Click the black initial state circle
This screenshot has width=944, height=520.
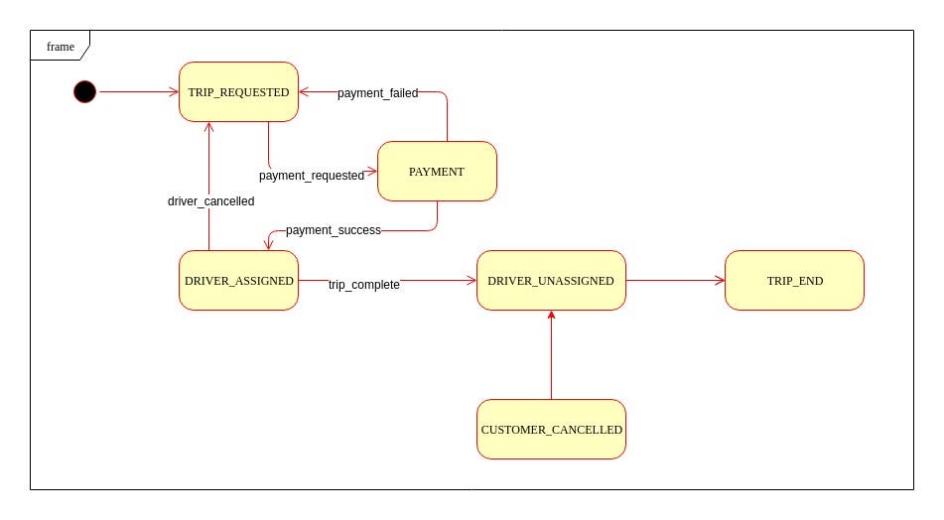pyautogui.click(x=85, y=92)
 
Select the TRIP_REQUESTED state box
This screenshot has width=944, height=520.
pyautogui.click(x=238, y=92)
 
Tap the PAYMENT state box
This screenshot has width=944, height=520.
pyautogui.click(x=437, y=172)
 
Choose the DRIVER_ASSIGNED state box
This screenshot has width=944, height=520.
pyautogui.click(x=238, y=281)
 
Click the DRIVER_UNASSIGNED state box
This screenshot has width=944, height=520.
pyautogui.click(x=551, y=281)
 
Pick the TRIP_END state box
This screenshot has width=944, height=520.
pyautogui.click(x=794, y=281)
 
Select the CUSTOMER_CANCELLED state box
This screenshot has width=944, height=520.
pyautogui.click(x=551, y=430)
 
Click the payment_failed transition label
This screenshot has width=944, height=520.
pyautogui.click(x=377, y=93)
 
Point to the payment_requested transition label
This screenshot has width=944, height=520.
pyautogui.click(x=312, y=176)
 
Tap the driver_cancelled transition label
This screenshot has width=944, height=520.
pyautogui.click(x=210, y=201)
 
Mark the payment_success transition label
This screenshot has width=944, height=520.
pyautogui.click(x=334, y=230)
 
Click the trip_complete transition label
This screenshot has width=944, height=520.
pyautogui.click(x=364, y=285)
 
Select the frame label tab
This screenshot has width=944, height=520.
pyautogui.click(x=61, y=47)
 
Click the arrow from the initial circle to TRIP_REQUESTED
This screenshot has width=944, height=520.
pyautogui.click(x=139, y=92)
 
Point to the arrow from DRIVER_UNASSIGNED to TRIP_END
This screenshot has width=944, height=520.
pyautogui.click(x=675, y=281)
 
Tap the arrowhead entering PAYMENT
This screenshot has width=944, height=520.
pyautogui.click(x=371, y=172)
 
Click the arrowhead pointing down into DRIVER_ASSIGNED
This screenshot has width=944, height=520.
pyautogui.click(x=268, y=244)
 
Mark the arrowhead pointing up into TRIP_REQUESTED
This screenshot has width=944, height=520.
pyautogui.click(x=208, y=128)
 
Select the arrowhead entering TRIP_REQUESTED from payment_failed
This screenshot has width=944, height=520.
pyautogui.click(x=305, y=92)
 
